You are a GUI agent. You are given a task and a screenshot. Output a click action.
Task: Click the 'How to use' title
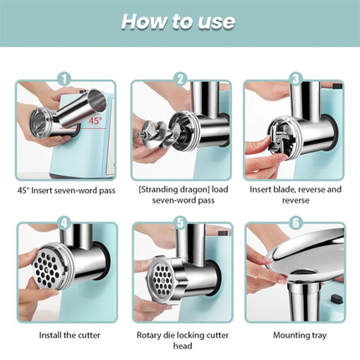[x=180, y=22]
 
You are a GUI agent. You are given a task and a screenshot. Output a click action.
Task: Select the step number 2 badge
[x=179, y=80]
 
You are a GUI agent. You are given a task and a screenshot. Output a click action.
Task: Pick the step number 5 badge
[x=179, y=222]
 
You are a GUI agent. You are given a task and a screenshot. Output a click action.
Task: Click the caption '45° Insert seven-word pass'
[x=66, y=189]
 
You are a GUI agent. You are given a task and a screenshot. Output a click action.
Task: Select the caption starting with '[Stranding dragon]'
[x=179, y=195]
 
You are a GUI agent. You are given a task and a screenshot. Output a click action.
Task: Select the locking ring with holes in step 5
[x=163, y=280]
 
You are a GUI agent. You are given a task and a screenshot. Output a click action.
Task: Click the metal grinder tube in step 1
[x=71, y=113]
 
